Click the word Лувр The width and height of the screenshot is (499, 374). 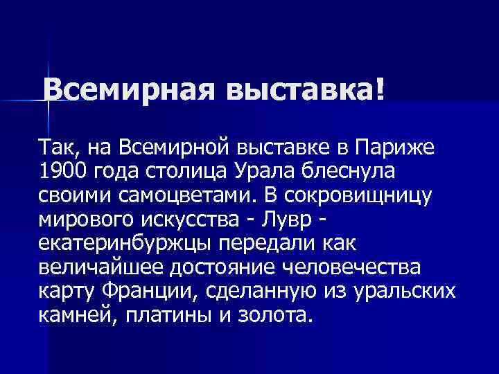point(285,218)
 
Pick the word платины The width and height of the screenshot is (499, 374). point(159,314)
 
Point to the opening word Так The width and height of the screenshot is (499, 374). point(59,148)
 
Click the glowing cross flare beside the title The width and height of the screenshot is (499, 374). point(49,100)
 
